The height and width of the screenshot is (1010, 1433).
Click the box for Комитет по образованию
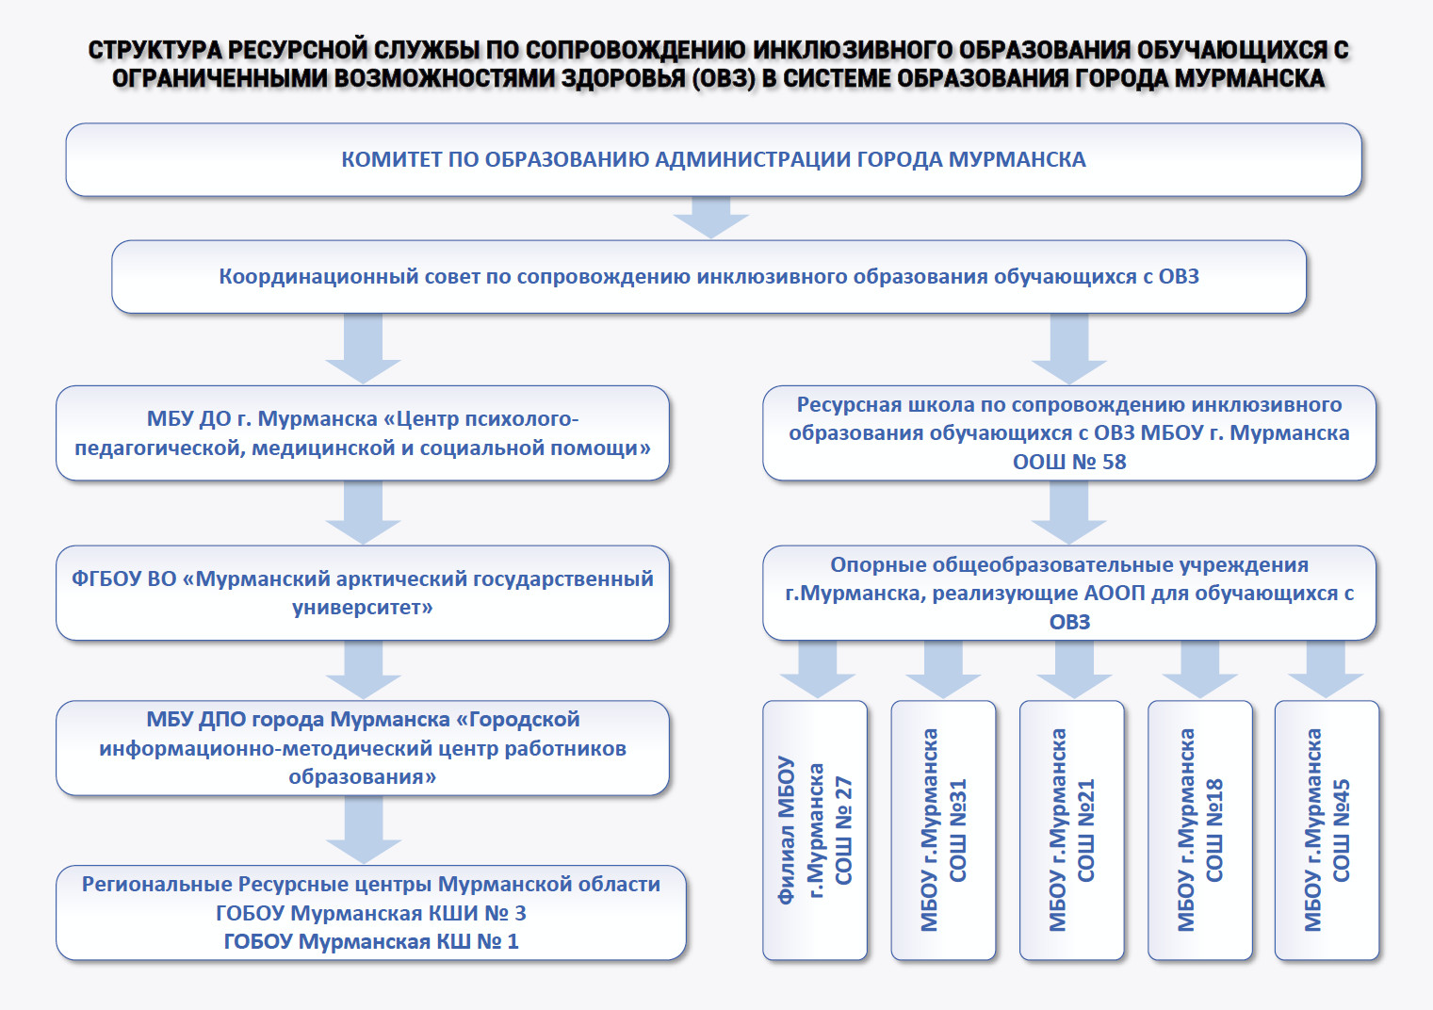[x=713, y=159]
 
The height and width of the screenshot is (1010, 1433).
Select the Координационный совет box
[x=708, y=276]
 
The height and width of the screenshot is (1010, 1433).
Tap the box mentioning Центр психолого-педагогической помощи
[x=363, y=433]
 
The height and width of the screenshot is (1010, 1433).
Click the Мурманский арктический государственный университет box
[x=363, y=593]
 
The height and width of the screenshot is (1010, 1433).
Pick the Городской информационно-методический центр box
[x=363, y=748]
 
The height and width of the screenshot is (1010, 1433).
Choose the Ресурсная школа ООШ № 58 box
[x=1069, y=433]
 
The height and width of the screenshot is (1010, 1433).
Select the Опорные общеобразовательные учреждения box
[x=1069, y=593]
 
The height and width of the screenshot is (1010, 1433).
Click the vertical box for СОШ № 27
[x=815, y=830]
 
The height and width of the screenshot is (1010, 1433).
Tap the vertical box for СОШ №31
[x=944, y=830]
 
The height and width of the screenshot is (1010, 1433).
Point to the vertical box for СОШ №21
[x=1072, y=830]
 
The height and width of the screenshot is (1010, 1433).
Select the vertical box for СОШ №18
[x=1200, y=830]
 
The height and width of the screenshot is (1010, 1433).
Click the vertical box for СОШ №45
[x=1327, y=830]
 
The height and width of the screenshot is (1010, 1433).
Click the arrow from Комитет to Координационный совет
[x=711, y=218]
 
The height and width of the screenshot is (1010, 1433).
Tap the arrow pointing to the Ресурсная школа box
[x=1069, y=349]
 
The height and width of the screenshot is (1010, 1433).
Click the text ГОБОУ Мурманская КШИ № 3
[x=371, y=913]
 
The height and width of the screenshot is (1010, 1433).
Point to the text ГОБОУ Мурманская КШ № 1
[x=371, y=941]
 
